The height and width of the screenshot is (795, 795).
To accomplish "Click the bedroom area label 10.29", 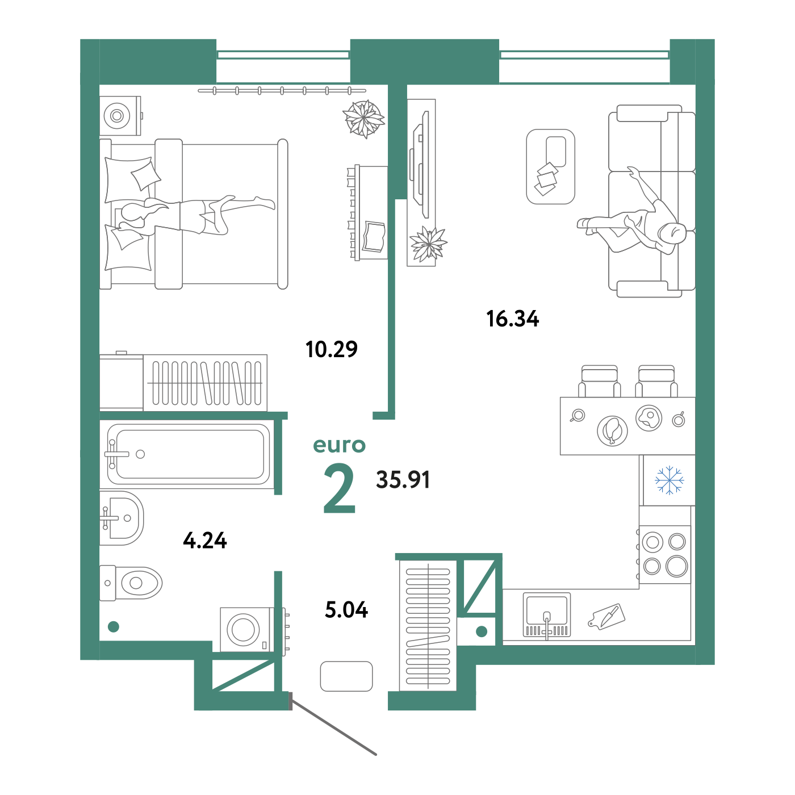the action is tap(331, 349).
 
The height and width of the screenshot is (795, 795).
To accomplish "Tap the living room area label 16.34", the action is tap(512, 319).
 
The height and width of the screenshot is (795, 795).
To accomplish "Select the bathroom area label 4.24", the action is tap(204, 540).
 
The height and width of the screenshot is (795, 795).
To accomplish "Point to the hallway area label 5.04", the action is tap(346, 610).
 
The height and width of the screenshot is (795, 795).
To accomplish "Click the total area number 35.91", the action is tap(403, 479).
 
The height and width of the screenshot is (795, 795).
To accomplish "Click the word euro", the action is tap(339, 445).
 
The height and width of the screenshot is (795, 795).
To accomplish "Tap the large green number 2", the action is tap(339, 488).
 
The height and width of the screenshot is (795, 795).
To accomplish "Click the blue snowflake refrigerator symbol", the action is tap(669, 480).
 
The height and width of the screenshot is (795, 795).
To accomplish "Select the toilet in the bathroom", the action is tap(131, 583).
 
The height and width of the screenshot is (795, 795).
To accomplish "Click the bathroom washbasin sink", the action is tap(122, 518).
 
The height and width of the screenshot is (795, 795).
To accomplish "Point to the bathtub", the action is tap(189, 454).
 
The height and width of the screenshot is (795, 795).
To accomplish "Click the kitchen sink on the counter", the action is tap(547, 615).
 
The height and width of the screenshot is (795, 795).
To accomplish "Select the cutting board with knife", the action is tap(606, 617).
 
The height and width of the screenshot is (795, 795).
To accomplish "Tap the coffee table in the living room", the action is tap(550, 167).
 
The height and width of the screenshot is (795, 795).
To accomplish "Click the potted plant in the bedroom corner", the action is tap(364, 119).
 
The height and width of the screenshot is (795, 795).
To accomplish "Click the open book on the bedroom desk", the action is tap(374, 237).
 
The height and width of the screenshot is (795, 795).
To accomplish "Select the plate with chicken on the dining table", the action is tap(612, 430).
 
